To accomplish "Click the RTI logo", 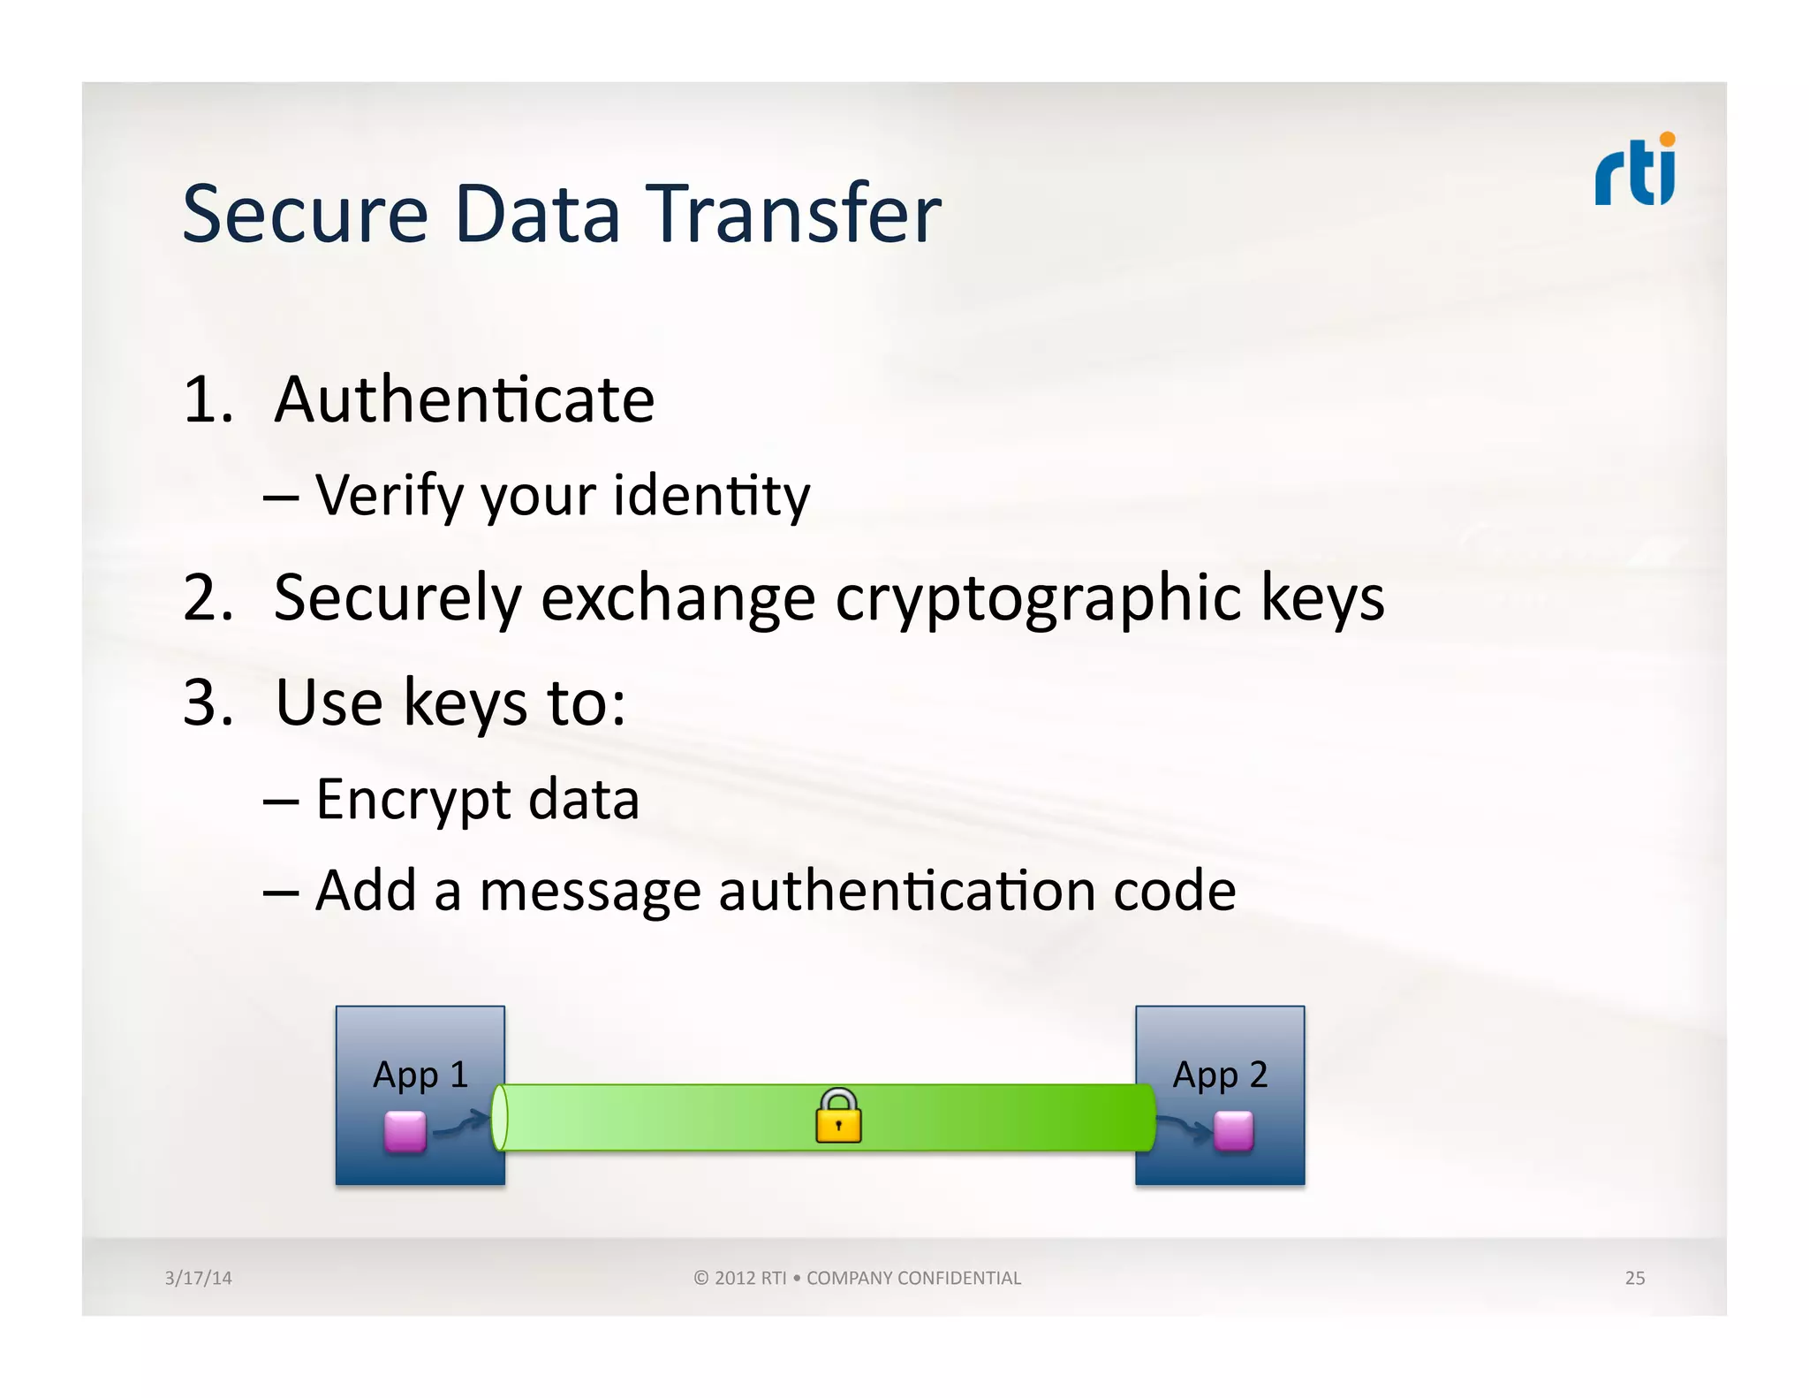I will pyautogui.click(x=1635, y=171).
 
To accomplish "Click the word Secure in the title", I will pyautogui.click(x=305, y=214).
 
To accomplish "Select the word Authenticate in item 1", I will pyautogui.click(x=464, y=399).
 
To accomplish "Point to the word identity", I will pyautogui.click(x=711, y=496).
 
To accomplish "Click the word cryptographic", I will pyautogui.click(x=1037, y=599).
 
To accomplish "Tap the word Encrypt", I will pyautogui.click(x=413, y=801).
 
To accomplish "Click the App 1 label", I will pyautogui.click(x=420, y=1075).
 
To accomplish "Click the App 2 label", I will pyautogui.click(x=1220, y=1075).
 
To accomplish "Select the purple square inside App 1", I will pyautogui.click(x=405, y=1131).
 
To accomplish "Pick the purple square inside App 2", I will pyautogui.click(x=1233, y=1131).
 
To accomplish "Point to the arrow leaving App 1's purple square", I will pyautogui.click(x=461, y=1124).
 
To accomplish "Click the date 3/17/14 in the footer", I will pyautogui.click(x=198, y=1278).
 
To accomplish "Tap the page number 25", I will pyautogui.click(x=1634, y=1278).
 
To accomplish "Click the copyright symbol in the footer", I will pyautogui.click(x=701, y=1278).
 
